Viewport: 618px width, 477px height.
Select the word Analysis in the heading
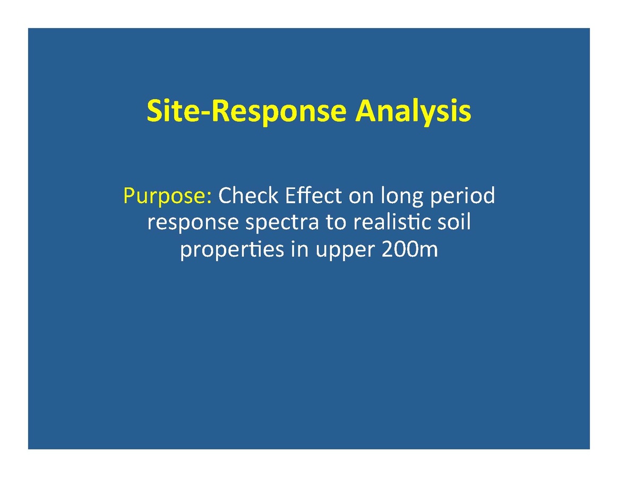tap(413, 112)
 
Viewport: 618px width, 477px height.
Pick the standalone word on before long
tap(361, 197)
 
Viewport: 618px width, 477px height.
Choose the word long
tap(401, 196)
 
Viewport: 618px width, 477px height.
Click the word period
tap(462, 196)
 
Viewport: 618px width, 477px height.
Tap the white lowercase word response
tap(193, 223)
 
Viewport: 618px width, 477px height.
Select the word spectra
tap(282, 223)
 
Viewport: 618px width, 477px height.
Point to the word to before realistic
tap(336, 222)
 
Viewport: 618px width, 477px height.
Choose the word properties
tap(232, 250)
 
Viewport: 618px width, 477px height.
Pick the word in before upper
tap(300, 249)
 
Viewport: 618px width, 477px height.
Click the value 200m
tap(410, 249)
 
